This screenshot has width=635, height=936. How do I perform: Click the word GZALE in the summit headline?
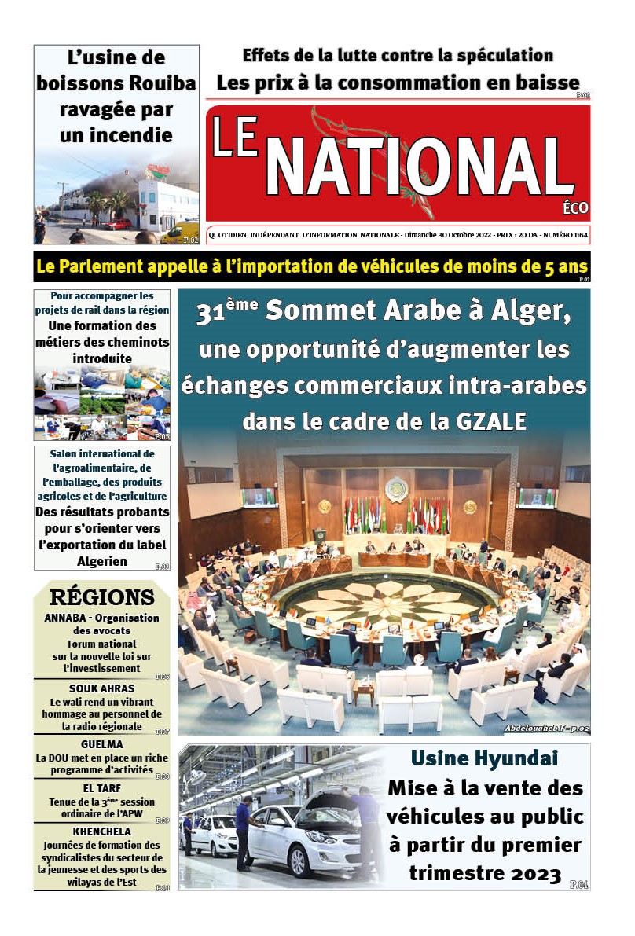[489, 421]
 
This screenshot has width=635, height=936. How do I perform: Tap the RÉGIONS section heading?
[101, 597]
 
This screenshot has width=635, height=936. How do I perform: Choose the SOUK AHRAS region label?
[101, 688]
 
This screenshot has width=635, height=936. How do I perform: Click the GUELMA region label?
[101, 744]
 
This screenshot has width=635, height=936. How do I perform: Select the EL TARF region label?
[101, 788]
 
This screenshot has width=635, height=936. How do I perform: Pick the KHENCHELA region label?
[101, 831]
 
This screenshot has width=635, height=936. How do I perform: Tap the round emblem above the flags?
[395, 489]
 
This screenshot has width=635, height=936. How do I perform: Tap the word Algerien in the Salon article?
[101, 562]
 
